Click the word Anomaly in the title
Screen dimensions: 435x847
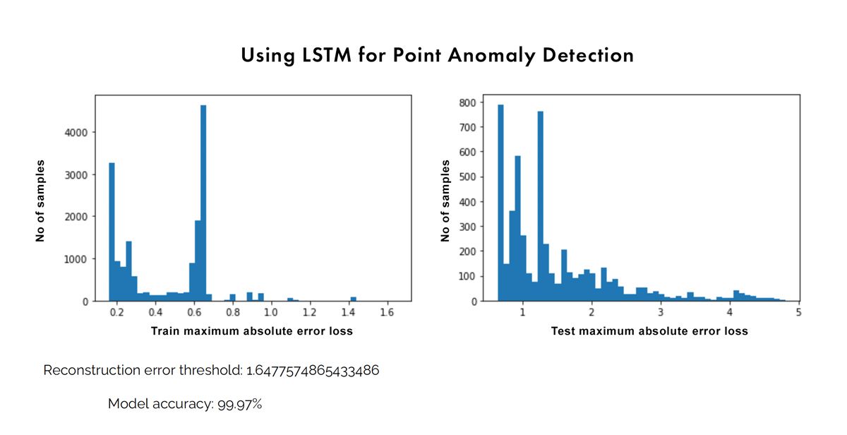pos(481,55)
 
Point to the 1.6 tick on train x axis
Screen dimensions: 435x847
pos(386,311)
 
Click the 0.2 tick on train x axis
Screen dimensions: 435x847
pos(117,311)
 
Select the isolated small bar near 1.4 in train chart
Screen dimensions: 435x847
pos(354,299)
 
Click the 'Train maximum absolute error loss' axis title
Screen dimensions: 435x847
pos(252,330)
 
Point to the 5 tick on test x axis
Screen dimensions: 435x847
pos(798,311)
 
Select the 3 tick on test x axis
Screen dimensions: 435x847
pos(660,311)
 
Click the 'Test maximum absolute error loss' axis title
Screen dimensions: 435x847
pos(649,330)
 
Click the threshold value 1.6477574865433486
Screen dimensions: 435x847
pos(313,371)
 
